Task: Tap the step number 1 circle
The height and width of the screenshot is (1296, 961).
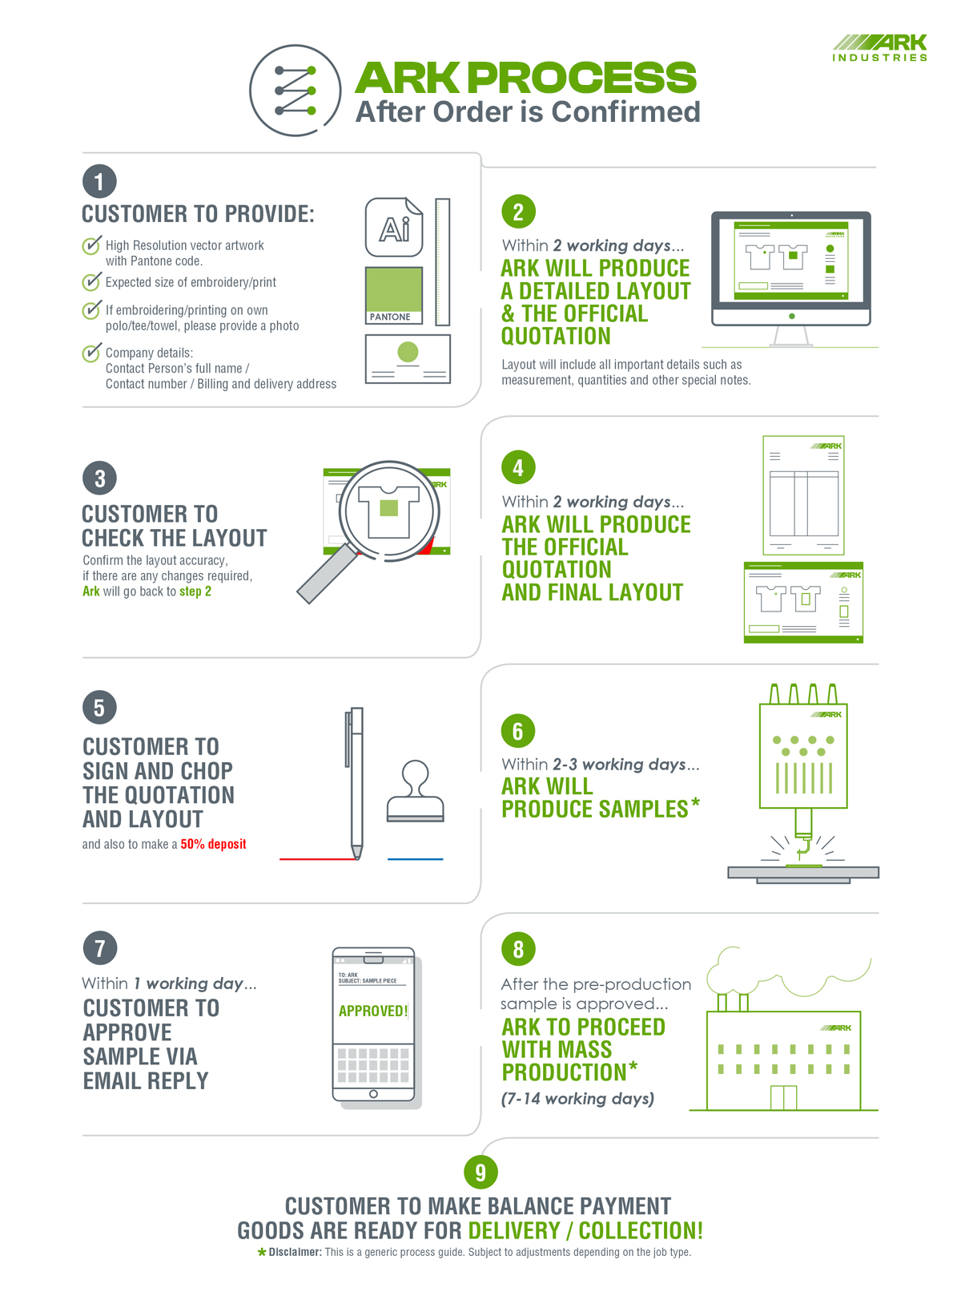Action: pyautogui.click(x=99, y=181)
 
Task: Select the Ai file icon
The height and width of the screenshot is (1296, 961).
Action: pyautogui.click(x=393, y=227)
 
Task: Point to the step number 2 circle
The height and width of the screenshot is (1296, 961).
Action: pyautogui.click(x=518, y=212)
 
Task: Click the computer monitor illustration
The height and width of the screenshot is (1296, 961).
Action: pyautogui.click(x=790, y=278)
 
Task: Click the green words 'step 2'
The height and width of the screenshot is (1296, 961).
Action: pyautogui.click(x=195, y=591)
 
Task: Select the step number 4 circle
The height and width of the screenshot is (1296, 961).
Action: pyautogui.click(x=518, y=466)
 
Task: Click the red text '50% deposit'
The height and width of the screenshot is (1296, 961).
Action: pyautogui.click(x=213, y=844)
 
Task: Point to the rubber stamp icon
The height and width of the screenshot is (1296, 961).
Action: pyautogui.click(x=415, y=791)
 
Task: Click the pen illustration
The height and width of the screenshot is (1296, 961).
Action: pyautogui.click(x=356, y=783)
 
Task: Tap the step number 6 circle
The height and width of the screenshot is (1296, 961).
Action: pyautogui.click(x=517, y=730)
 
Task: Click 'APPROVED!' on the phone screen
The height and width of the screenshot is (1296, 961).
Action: pyautogui.click(x=372, y=1011)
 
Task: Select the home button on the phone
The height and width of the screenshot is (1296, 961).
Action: pyautogui.click(x=373, y=1094)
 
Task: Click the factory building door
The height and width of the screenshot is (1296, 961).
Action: pyautogui.click(x=783, y=1097)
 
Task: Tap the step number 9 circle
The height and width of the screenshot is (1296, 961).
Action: pyautogui.click(x=480, y=1172)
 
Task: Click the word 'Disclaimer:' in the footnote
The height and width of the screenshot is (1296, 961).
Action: pyautogui.click(x=295, y=1252)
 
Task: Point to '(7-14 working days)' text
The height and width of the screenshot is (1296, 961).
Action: pyautogui.click(x=577, y=1099)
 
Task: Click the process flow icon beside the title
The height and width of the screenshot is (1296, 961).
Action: pyautogui.click(x=296, y=91)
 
